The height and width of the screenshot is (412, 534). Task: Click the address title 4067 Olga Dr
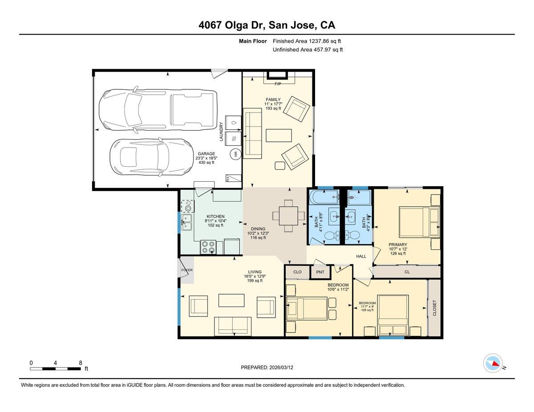click(267, 25)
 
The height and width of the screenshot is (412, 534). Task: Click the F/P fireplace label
click(278, 84)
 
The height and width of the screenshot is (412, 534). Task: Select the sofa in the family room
click(253, 135)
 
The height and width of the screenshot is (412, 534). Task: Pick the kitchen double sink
click(186, 222)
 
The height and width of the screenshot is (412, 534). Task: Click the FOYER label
click(186, 270)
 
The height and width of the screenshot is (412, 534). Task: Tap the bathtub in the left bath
click(324, 196)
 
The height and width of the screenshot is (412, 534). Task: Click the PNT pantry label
click(320, 272)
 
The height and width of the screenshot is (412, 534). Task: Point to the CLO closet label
click(297, 272)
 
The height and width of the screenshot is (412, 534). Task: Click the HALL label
click(361, 256)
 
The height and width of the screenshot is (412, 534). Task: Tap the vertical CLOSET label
click(434, 308)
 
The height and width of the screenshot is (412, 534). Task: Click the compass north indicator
click(494, 363)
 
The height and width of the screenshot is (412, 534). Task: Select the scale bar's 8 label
click(81, 363)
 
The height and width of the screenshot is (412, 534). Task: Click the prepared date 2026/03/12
click(267, 368)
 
